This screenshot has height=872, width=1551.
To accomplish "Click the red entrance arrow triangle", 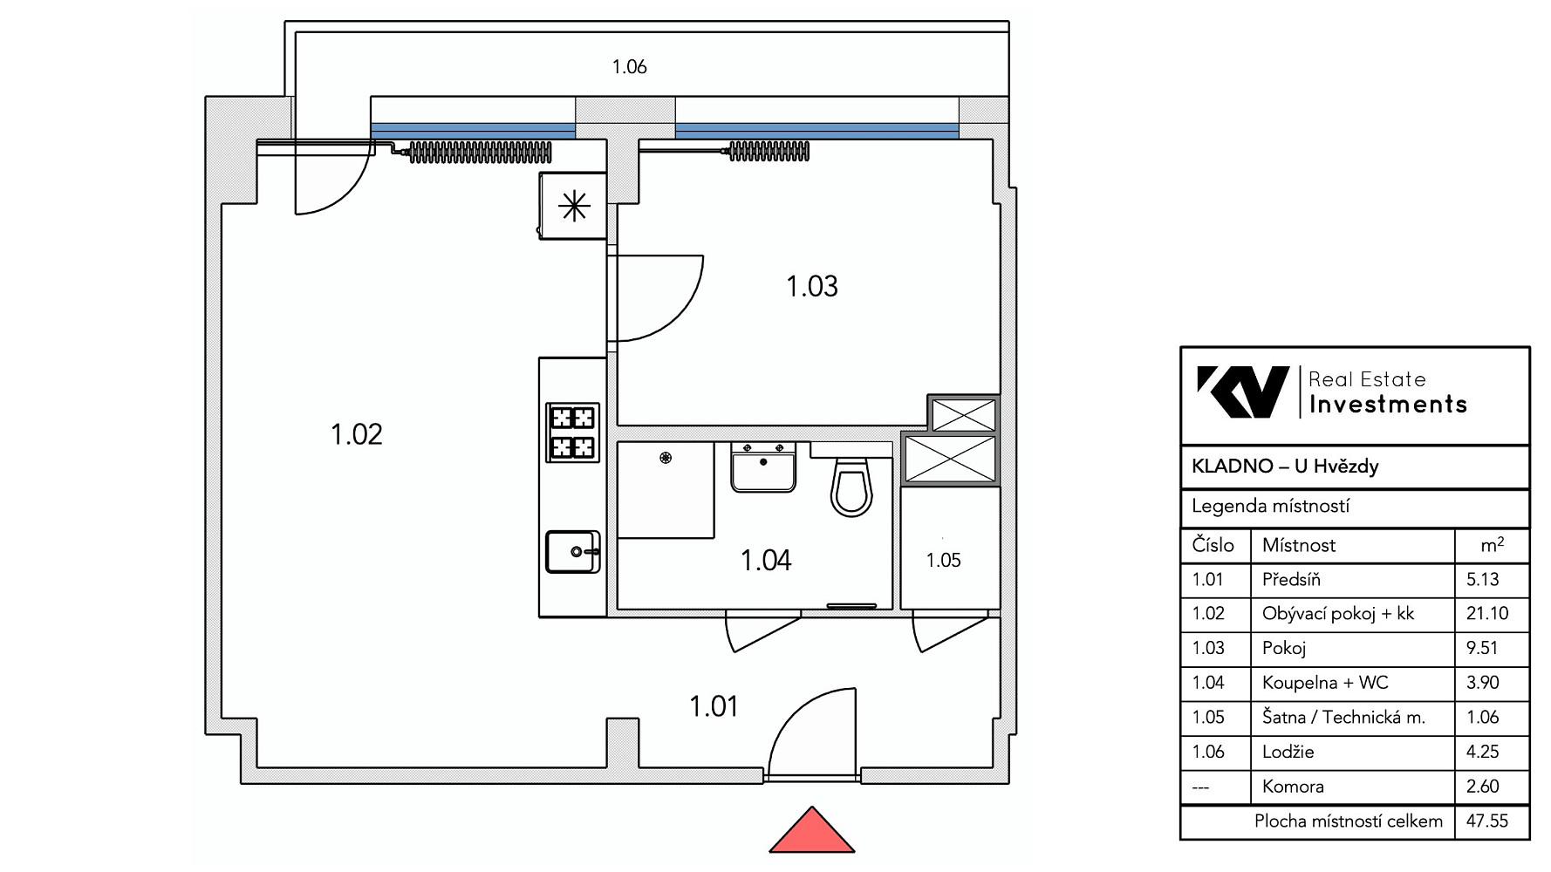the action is tap(812, 831).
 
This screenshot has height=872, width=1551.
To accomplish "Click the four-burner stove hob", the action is tap(573, 433).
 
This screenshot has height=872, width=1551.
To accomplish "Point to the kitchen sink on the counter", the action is tap(573, 551).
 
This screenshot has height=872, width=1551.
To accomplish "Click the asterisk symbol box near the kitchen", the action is tap(573, 206).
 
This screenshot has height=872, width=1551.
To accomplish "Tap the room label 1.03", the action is tap(812, 286).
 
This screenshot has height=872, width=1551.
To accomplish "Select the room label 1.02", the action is tap(357, 433).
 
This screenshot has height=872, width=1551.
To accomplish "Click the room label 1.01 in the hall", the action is tap(714, 706).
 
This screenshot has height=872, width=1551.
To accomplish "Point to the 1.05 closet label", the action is tap(943, 561).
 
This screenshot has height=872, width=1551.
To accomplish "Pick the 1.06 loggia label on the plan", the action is tap(629, 67).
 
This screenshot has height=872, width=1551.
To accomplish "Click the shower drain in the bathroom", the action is tap(666, 457).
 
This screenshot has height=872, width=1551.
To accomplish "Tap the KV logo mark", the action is tap(1243, 392).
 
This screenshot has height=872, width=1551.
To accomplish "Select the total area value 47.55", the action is tap(1487, 821).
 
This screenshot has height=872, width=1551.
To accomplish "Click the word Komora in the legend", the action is tap(1293, 787).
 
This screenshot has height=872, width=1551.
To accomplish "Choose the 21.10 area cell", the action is tap(1487, 613).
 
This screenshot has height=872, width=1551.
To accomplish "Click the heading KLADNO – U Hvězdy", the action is tap(1285, 467).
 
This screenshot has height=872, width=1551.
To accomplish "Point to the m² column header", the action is tap(1492, 545).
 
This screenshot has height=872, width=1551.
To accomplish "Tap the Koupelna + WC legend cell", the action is tap(1325, 683).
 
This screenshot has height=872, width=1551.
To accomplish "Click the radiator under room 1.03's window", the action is tap(769, 153).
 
